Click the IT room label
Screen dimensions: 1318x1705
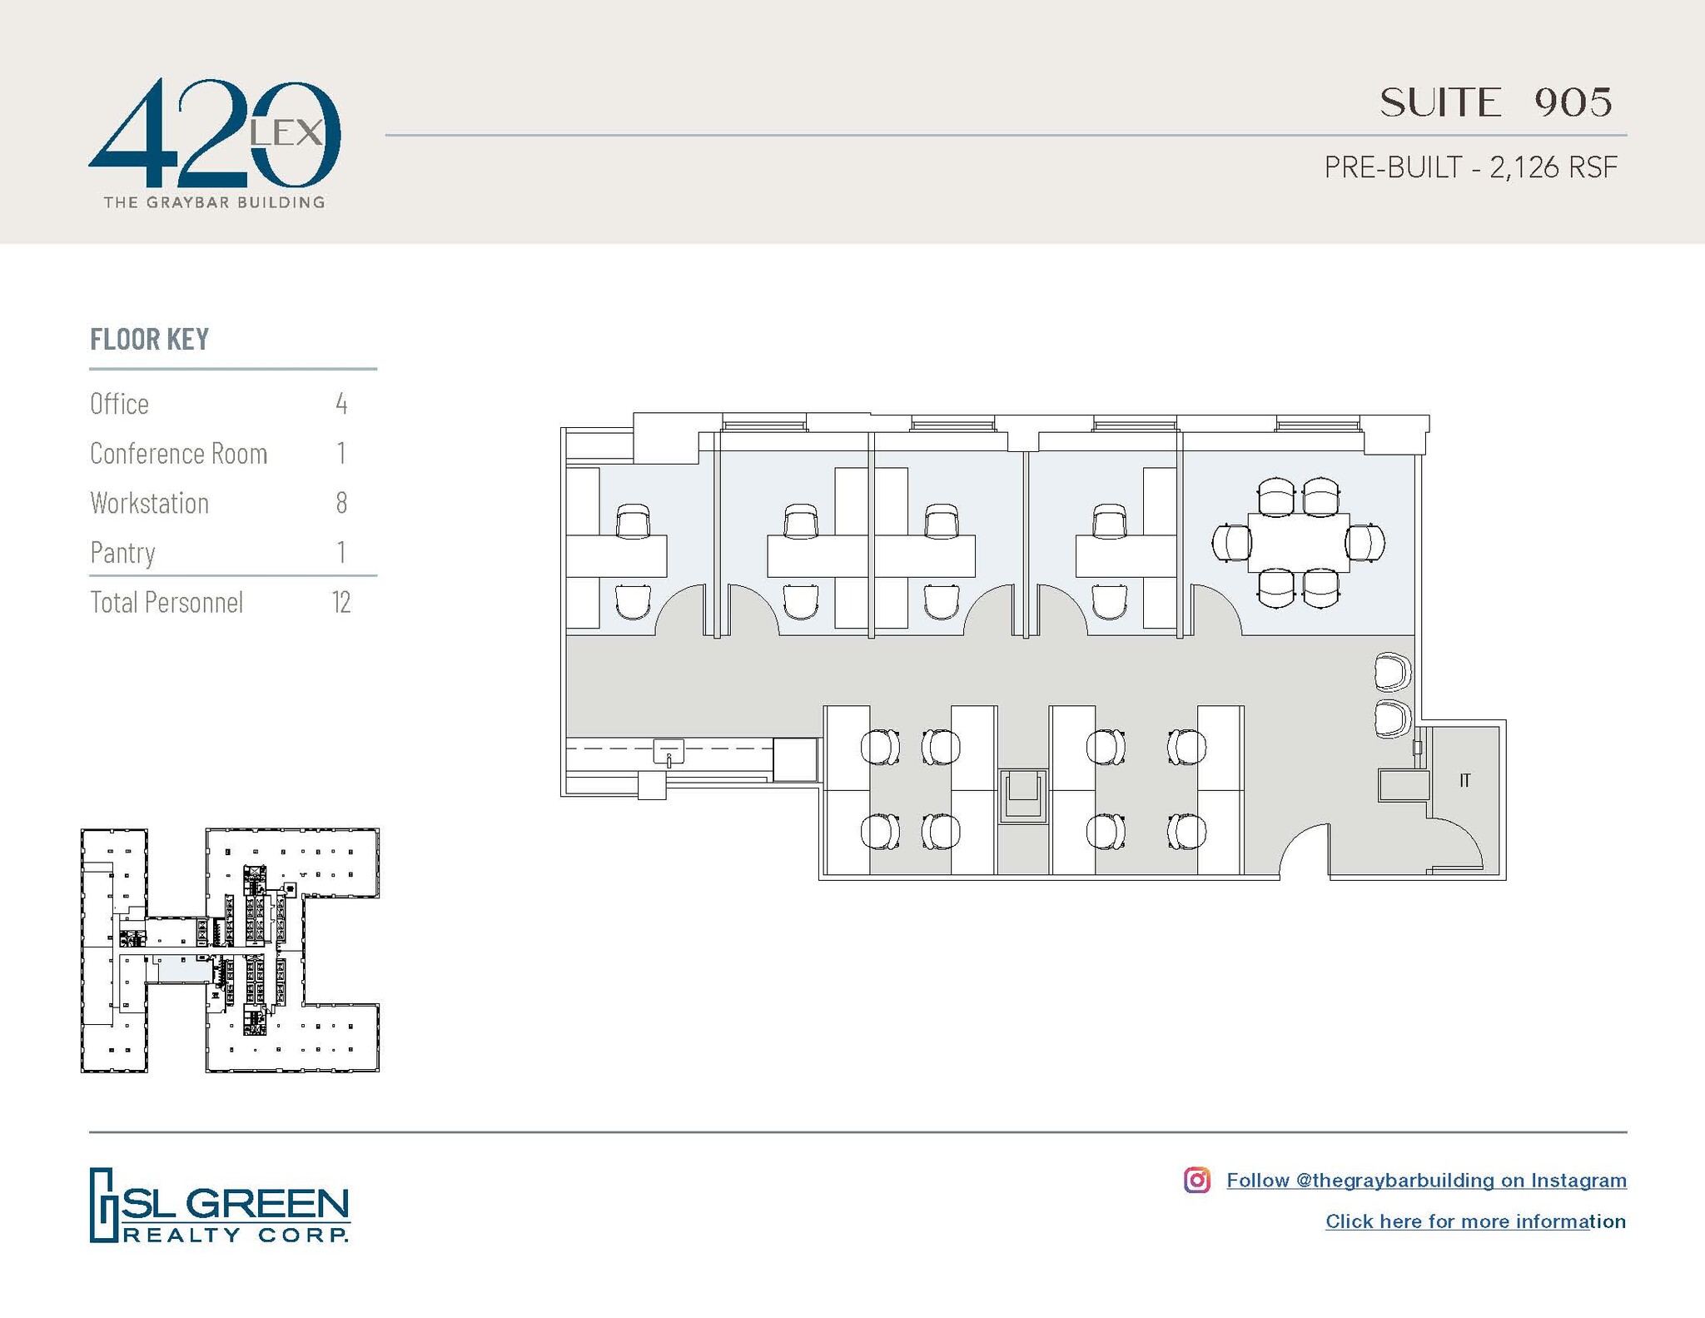1464,780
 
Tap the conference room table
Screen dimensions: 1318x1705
1298,543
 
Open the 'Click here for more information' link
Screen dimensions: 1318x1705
1475,1221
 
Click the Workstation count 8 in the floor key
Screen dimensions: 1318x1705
341,503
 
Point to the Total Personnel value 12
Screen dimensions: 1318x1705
341,602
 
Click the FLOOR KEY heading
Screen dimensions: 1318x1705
149,339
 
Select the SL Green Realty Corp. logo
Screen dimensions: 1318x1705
219,1206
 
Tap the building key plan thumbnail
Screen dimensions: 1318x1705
230,949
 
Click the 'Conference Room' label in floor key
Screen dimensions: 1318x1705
178,454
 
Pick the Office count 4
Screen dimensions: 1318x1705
341,404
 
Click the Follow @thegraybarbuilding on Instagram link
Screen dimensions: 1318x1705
1426,1180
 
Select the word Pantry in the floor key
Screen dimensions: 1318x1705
122,553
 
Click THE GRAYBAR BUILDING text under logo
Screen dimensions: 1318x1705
214,202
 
